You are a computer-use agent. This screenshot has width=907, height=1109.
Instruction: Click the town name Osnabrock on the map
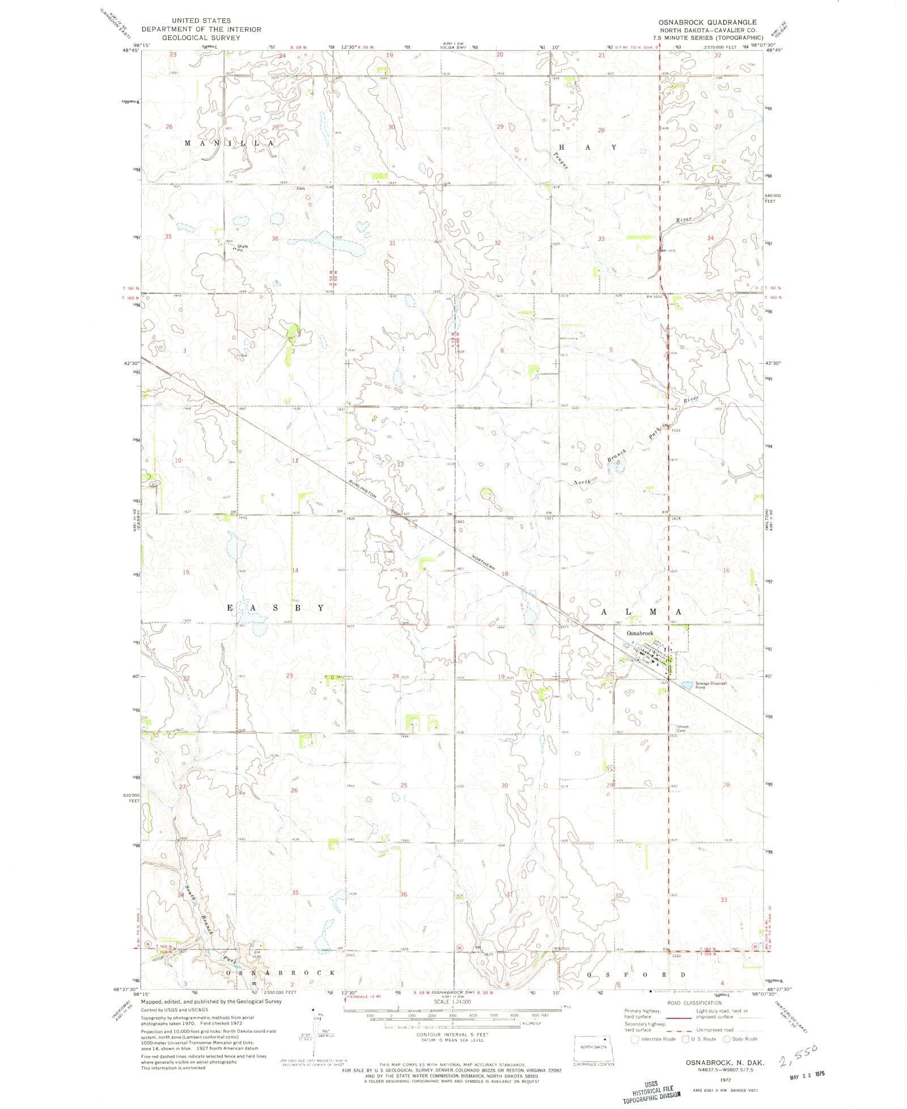639,633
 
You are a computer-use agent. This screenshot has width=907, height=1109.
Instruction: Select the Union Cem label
683,728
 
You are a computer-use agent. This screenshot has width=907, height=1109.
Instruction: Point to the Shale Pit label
243,248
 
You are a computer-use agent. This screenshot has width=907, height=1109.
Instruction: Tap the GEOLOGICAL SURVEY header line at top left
201,37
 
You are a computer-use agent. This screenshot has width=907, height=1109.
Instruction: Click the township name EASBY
276,608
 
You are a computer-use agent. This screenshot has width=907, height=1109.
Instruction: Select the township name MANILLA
230,144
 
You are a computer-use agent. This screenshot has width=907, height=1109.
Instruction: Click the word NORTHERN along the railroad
485,561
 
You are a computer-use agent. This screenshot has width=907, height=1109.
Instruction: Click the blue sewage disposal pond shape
686,685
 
